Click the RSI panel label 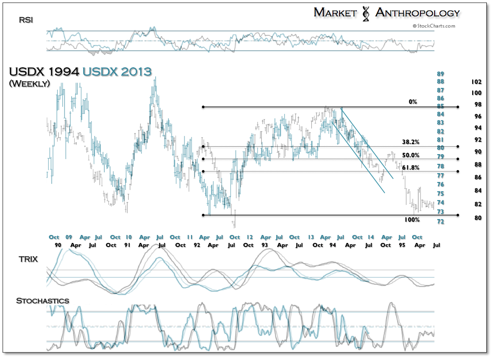tap(25, 19)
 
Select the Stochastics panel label tap(42, 301)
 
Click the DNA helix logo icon tap(366, 13)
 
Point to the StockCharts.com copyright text tap(434, 26)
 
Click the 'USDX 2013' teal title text tap(117, 72)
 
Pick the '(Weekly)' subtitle tap(30, 83)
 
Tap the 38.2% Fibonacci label tap(410, 142)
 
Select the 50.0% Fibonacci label tap(410, 155)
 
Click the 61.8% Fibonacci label tap(410, 168)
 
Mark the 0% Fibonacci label tap(413, 102)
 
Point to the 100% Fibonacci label tap(412, 220)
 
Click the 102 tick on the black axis tap(476, 82)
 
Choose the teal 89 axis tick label tap(440, 74)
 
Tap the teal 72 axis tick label tap(440, 221)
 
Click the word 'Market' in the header tap(335, 13)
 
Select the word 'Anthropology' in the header tap(417, 13)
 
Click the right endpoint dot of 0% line tap(458, 106)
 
